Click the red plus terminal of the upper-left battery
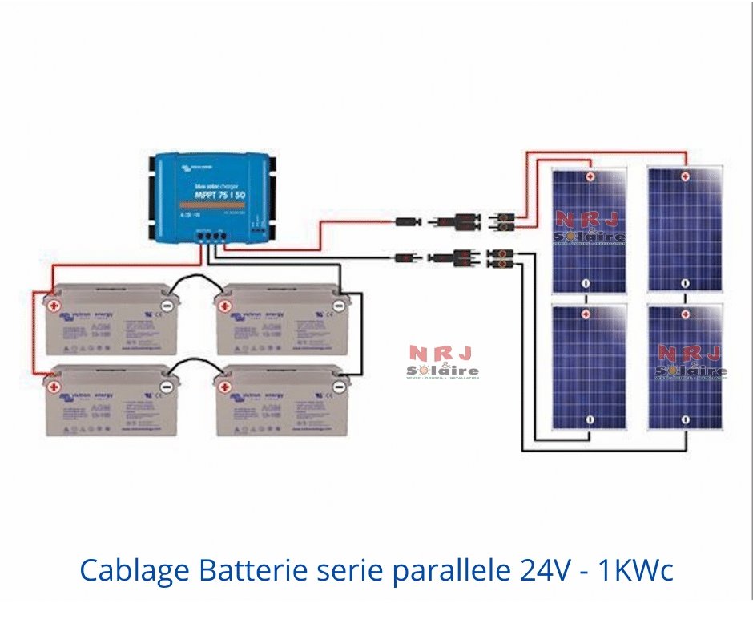[x=54, y=305]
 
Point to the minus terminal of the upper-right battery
[x=339, y=305]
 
